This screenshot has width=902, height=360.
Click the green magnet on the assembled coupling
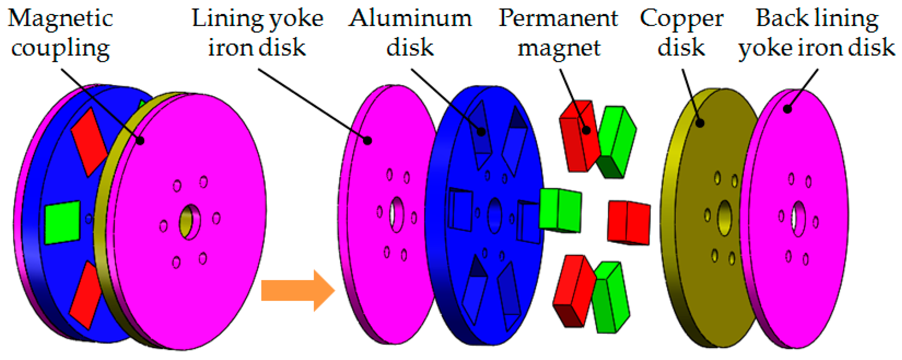coord(62,222)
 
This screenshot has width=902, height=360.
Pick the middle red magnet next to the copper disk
coord(629,222)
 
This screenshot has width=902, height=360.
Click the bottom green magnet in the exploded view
coord(611,298)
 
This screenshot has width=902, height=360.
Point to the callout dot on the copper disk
coord(700,123)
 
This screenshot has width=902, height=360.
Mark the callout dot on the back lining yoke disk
coord(788,109)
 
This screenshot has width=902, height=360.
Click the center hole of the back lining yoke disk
coord(798,219)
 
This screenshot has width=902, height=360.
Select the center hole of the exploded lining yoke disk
coord(397,214)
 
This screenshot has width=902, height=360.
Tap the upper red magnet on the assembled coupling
coord(89,142)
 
